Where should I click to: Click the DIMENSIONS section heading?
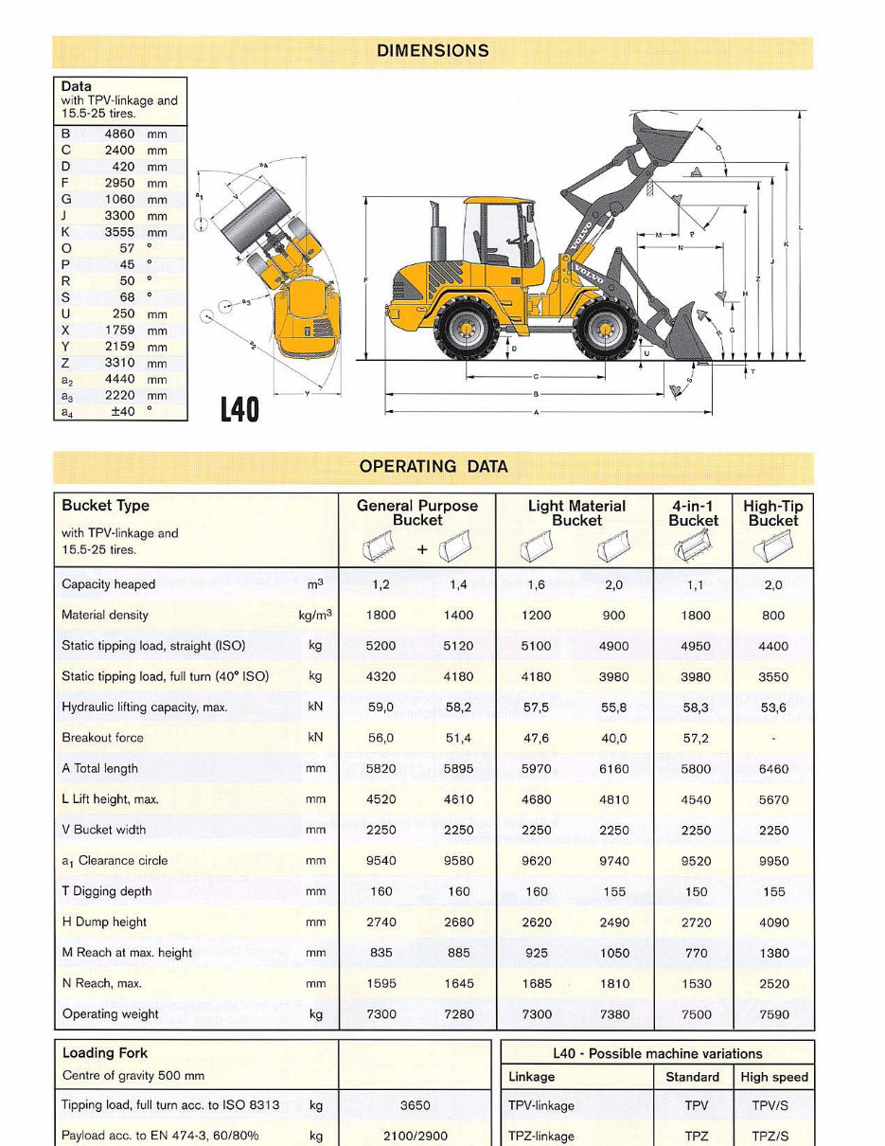(433, 51)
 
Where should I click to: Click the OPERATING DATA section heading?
(433, 466)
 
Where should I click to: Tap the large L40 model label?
(240, 409)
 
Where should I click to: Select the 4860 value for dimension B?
(119, 134)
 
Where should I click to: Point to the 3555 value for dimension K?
(119, 232)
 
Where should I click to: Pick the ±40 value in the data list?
(122, 411)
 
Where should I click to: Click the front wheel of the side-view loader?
(603, 331)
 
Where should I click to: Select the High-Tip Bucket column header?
(772, 513)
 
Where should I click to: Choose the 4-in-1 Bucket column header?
(693, 513)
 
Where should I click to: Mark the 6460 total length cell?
(772, 769)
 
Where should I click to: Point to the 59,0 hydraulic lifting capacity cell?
(381, 707)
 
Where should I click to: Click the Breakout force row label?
(103, 738)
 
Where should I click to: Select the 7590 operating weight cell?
(772, 1014)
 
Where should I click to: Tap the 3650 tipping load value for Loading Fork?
(415, 1105)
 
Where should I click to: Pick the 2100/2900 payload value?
(415, 1136)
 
